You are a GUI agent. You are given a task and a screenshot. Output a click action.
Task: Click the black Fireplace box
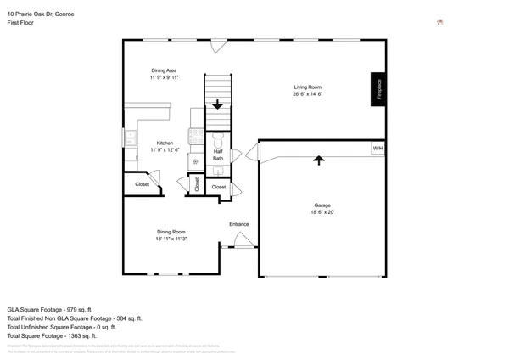[379, 89]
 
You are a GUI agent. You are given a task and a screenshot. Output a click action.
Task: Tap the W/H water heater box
[378, 149]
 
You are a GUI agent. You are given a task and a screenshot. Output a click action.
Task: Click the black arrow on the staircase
[218, 105]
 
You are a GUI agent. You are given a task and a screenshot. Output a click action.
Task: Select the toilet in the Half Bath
[218, 140]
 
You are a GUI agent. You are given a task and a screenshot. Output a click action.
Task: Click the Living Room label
[307, 87]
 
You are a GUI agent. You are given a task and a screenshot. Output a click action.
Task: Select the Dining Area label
[165, 70]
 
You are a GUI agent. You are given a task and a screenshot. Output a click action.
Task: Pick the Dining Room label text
[171, 232]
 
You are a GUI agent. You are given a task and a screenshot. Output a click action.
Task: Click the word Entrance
[239, 224]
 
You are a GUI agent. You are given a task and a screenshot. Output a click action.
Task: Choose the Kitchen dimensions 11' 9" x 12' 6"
[165, 150]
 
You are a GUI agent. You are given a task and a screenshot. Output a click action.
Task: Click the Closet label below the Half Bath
[218, 187]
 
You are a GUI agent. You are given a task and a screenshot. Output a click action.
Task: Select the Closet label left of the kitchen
[142, 184]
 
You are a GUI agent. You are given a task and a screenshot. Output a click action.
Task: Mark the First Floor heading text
[20, 23]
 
